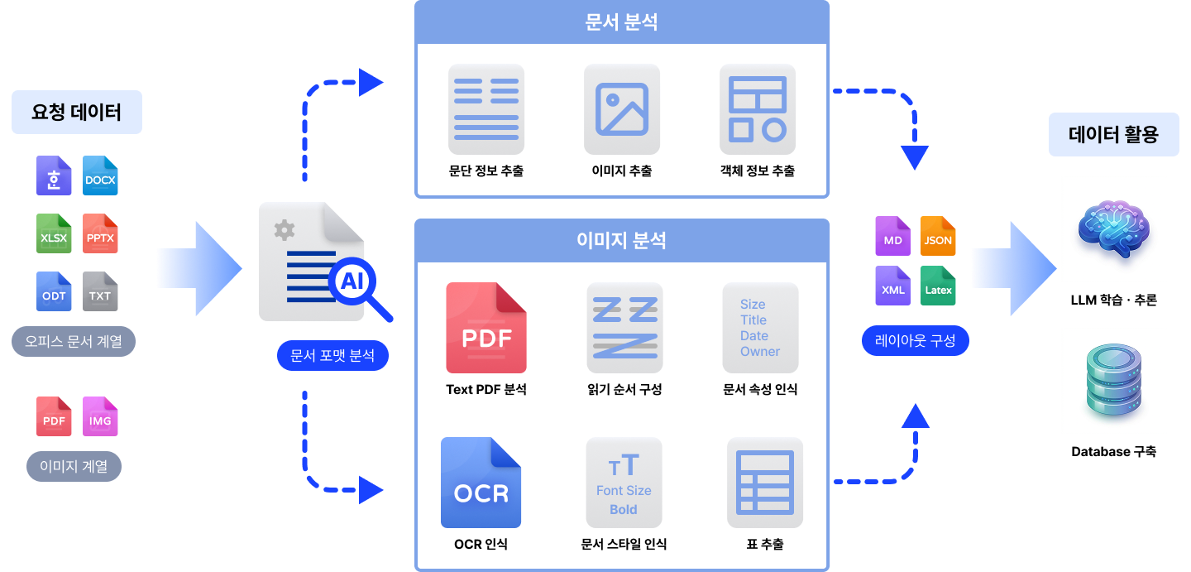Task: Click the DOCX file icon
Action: tap(100, 175)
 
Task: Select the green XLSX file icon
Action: tap(54, 233)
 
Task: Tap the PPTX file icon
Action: tap(100, 233)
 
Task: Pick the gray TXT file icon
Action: tap(100, 291)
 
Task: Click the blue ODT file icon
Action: tap(54, 291)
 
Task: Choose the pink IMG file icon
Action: tap(100, 416)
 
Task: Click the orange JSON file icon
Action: tap(938, 236)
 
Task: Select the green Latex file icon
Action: tap(938, 286)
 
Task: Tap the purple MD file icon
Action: tap(892, 236)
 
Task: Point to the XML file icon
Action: tap(892, 286)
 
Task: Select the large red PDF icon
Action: tap(486, 328)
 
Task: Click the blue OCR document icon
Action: tap(481, 483)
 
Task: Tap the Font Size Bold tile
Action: tap(624, 483)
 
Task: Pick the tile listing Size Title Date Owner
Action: tap(760, 328)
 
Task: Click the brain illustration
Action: tap(1113, 229)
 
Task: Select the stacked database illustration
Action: tap(1113, 381)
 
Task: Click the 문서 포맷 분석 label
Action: tap(332, 356)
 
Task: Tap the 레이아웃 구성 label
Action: tap(915, 340)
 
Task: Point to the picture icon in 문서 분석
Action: tap(622, 109)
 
